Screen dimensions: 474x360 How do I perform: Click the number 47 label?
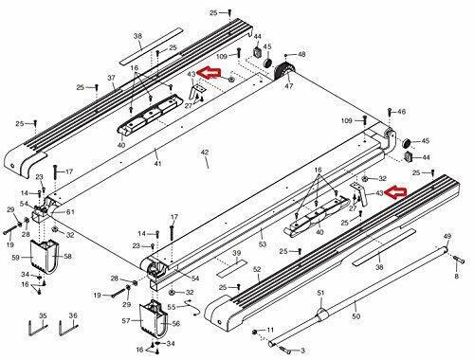click(289, 86)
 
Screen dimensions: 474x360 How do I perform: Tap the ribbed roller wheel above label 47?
click(282, 72)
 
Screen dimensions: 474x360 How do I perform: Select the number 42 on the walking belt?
click(205, 153)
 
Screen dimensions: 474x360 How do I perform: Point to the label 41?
click(158, 163)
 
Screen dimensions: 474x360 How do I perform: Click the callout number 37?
click(112, 78)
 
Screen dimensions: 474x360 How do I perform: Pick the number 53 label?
click(263, 243)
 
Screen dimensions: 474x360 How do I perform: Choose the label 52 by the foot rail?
click(257, 269)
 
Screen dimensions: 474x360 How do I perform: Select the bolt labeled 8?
click(459, 260)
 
